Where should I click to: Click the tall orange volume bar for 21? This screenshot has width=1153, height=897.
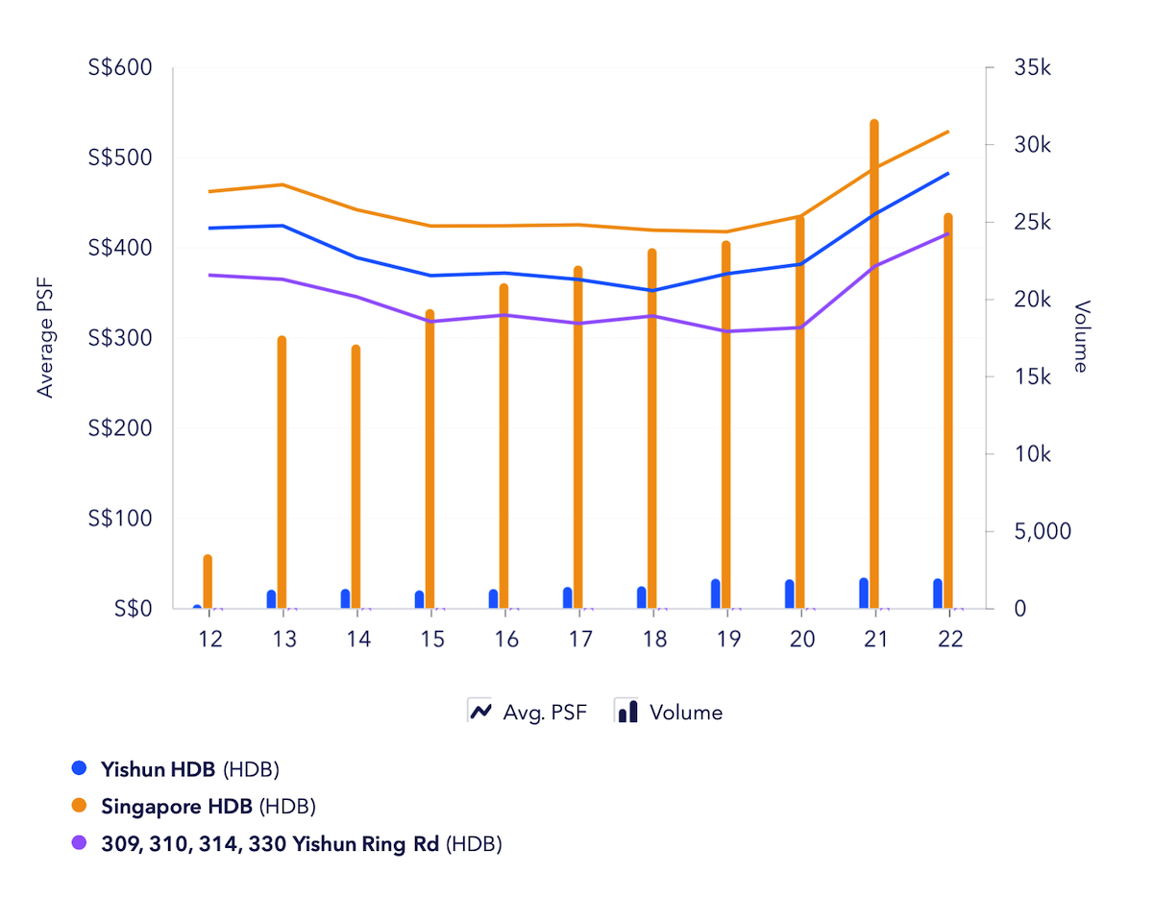coord(874,365)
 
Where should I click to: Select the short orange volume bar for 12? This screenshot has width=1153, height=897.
coord(208,582)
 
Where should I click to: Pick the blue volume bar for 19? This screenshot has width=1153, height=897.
coord(716,594)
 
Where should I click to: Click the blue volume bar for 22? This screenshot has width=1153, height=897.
coord(938,594)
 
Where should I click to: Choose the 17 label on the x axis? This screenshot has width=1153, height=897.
coord(579,641)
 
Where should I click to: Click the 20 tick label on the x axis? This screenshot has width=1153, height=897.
coord(801,641)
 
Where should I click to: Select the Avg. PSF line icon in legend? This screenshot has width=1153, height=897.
coord(479,712)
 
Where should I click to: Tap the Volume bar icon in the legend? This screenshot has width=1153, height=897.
coord(626,712)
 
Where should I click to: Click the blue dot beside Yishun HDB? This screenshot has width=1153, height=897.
coord(80,768)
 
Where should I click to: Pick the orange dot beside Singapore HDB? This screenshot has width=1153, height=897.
coord(80,806)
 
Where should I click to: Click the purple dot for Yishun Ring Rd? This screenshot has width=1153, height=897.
coord(80,844)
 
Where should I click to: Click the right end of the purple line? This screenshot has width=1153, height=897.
coord(948,233)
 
